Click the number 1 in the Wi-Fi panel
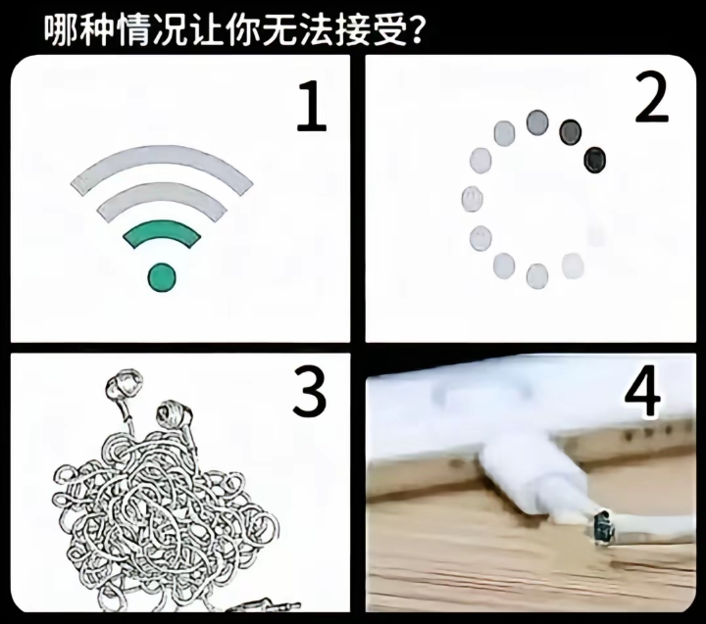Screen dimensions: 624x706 tap(310, 110)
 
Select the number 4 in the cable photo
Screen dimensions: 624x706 tap(642, 393)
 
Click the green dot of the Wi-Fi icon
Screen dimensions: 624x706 tap(162, 277)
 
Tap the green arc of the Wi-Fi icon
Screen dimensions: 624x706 tap(162, 232)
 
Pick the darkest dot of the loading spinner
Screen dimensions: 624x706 tap(594, 159)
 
